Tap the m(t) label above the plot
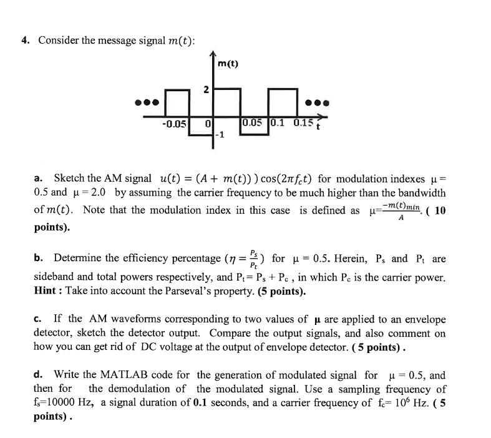[x=228, y=63]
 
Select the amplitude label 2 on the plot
[x=205, y=91]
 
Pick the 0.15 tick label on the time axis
[x=303, y=122]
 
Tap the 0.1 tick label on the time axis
[x=278, y=122]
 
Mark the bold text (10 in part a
[x=436, y=211]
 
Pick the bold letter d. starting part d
[x=38, y=376]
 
